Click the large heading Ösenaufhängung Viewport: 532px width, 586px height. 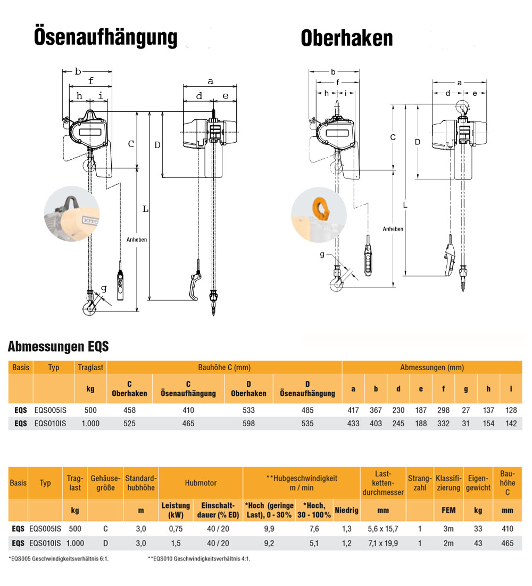105,37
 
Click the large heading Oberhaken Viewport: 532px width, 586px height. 347,38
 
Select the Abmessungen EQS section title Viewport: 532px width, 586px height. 58,347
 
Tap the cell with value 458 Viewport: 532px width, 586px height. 129,410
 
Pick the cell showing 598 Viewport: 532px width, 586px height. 248,424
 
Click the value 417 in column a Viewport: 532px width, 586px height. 353,410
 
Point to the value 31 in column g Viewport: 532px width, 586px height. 465,424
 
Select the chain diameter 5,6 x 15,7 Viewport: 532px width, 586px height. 383,528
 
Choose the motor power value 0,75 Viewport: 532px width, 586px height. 176,528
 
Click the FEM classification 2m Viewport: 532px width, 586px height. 448,543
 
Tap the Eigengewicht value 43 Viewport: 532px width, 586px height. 478,543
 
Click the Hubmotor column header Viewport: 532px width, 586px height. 201,483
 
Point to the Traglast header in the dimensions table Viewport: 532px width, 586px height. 90,368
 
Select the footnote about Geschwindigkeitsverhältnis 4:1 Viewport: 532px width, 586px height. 198,559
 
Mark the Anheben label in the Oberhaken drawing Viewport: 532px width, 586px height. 393,229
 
